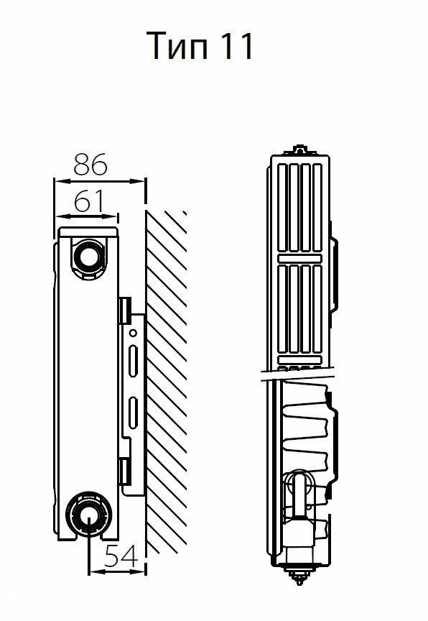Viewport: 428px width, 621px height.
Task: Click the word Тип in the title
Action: (x=177, y=46)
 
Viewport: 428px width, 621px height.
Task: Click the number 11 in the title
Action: (x=236, y=46)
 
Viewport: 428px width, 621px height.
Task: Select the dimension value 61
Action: (x=89, y=201)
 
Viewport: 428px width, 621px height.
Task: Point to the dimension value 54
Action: (x=121, y=556)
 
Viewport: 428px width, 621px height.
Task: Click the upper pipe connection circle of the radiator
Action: (x=88, y=257)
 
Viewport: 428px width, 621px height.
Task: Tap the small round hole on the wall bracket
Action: (x=134, y=333)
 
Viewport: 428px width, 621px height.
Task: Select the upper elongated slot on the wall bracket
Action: (x=134, y=361)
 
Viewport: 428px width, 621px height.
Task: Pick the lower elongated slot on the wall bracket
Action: (x=134, y=413)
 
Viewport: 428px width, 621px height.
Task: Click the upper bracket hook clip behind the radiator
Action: (x=126, y=310)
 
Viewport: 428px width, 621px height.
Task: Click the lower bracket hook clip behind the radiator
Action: (x=125, y=471)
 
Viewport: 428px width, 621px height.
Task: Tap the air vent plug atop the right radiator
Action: (x=300, y=150)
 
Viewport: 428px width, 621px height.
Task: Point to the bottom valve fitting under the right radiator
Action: (x=299, y=572)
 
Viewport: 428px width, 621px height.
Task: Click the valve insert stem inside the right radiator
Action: (x=299, y=495)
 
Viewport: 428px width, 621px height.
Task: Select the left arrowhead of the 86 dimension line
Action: (x=60, y=181)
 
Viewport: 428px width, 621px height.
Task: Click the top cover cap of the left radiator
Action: (x=88, y=232)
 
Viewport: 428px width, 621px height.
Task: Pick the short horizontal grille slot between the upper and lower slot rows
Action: (x=299, y=259)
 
